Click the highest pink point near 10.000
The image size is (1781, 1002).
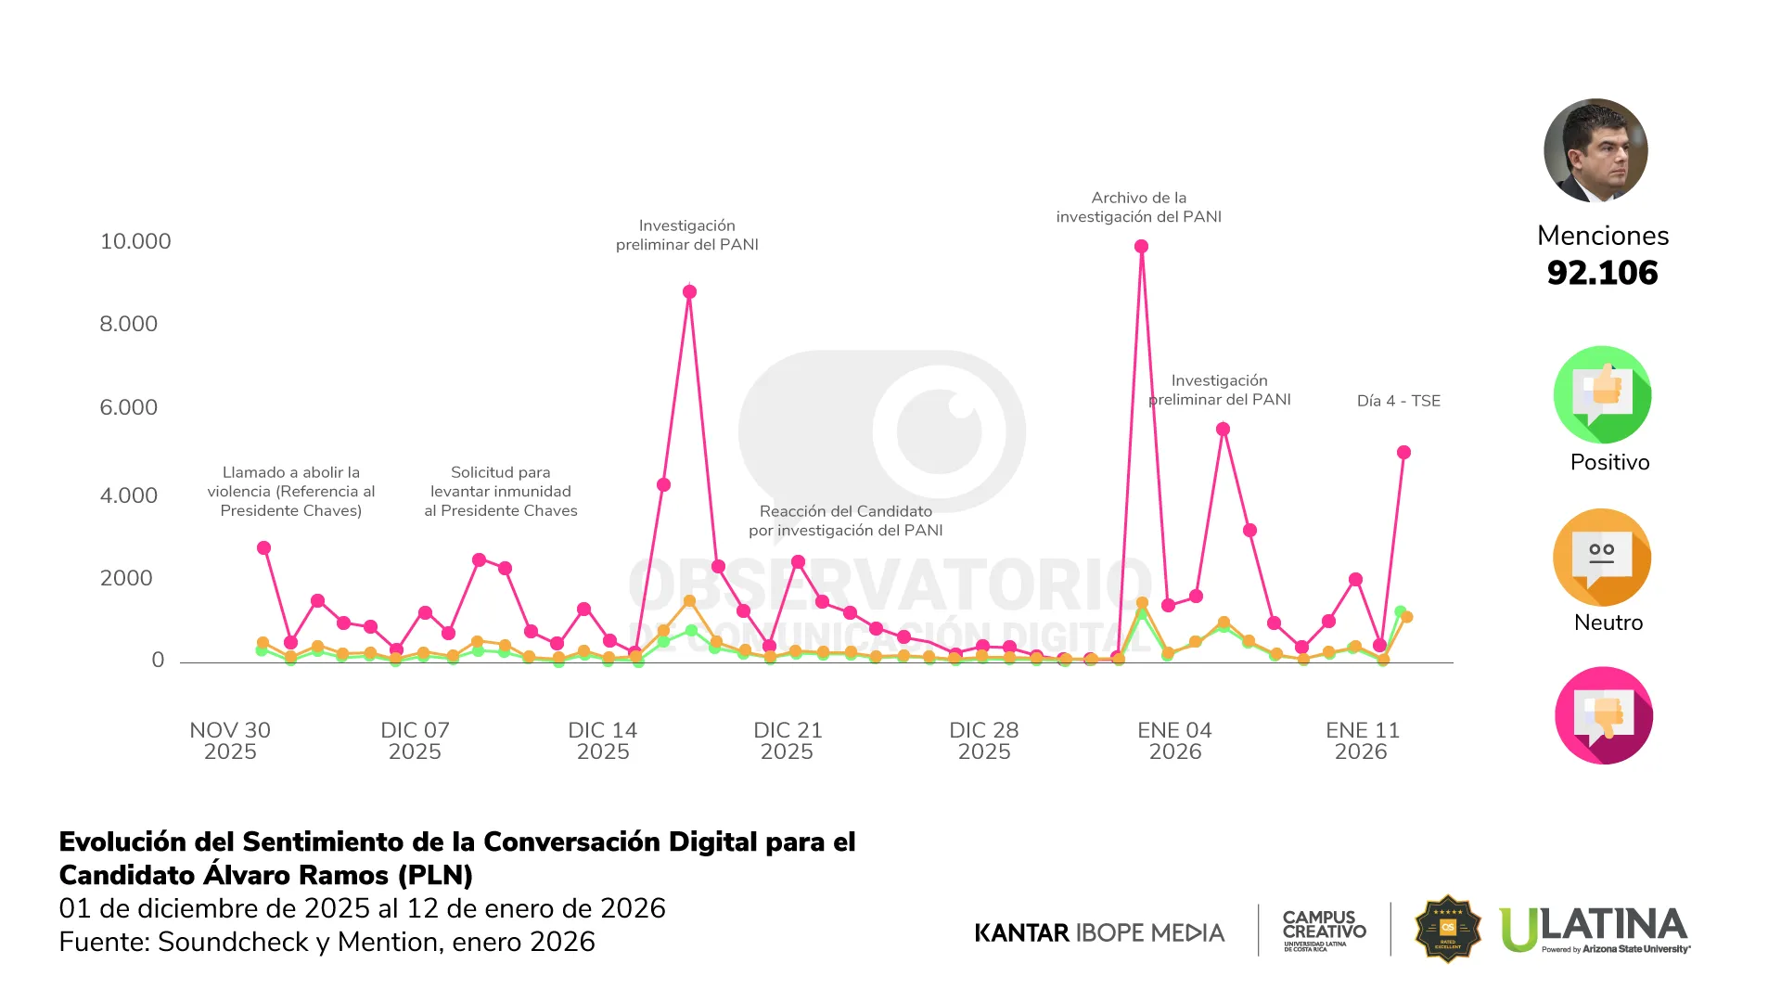click(1141, 247)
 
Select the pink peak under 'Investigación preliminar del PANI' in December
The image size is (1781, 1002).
click(689, 292)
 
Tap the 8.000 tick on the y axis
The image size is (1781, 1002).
click(129, 324)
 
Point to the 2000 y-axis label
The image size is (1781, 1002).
click(126, 578)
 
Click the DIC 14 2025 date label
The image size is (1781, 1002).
click(603, 740)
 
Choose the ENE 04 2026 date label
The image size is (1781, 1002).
click(1174, 740)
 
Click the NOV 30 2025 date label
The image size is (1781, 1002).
click(230, 740)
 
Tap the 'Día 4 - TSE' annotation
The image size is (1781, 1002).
click(1398, 401)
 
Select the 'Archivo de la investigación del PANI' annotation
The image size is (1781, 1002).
click(1138, 207)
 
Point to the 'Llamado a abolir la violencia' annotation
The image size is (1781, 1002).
click(291, 491)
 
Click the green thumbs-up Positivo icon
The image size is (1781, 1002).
click(1602, 395)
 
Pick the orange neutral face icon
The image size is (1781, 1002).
click(1602, 558)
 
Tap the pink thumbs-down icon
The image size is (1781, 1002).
click(1603, 715)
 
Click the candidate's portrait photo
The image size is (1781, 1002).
click(1595, 150)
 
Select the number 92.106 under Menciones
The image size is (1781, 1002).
click(1602, 273)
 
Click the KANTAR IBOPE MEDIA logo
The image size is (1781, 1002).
click(1099, 932)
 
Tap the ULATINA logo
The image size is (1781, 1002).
click(1595, 929)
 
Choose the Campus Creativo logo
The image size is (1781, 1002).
click(1324, 930)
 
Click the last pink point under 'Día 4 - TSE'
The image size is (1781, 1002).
click(1403, 453)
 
